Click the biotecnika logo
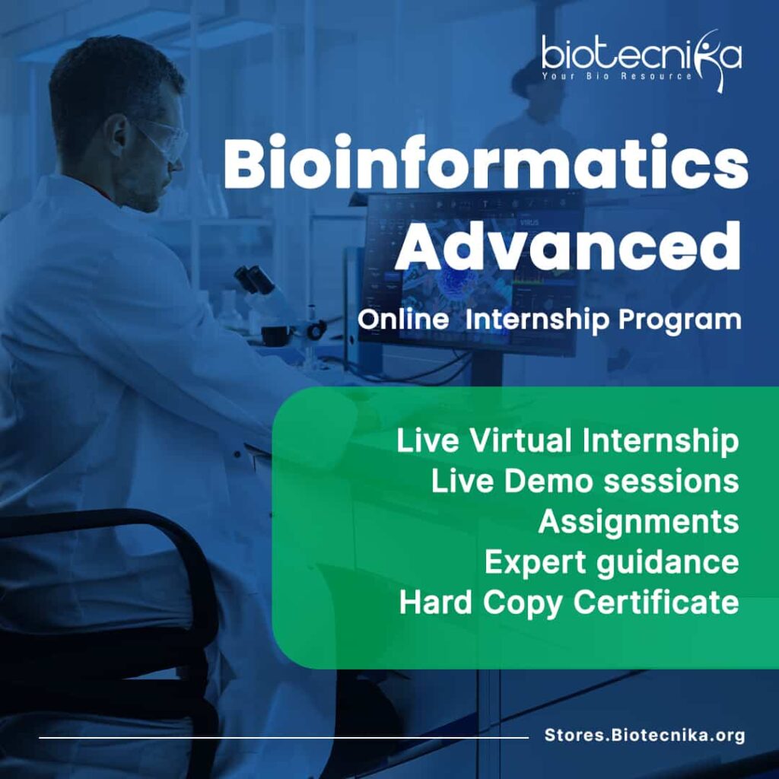[x=641, y=59]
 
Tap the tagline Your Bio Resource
[x=616, y=77]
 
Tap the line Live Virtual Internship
[x=568, y=441]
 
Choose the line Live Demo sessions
[x=585, y=481]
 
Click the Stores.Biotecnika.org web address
[x=644, y=736]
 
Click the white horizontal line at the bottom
[x=284, y=738]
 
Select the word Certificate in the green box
[x=657, y=602]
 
